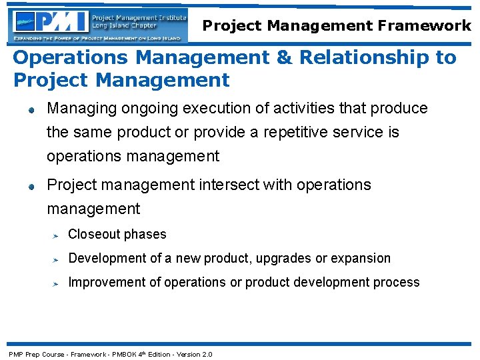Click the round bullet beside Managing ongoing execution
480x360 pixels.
(x=31, y=109)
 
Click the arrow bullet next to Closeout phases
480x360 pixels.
(x=57, y=235)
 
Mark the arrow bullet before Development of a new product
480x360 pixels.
(x=57, y=259)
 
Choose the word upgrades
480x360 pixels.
(x=291, y=259)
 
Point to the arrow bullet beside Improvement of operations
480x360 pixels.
(x=57, y=283)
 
